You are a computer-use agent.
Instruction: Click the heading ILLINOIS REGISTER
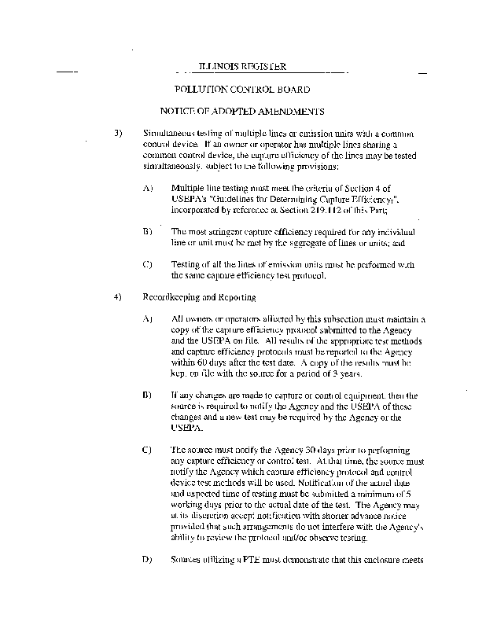click(x=243, y=68)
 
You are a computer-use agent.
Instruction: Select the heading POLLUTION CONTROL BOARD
click(x=242, y=90)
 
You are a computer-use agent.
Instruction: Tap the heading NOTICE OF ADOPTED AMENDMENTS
click(x=242, y=112)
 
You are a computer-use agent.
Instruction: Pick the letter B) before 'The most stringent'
click(x=147, y=233)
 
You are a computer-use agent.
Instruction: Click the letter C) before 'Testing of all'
click(x=147, y=265)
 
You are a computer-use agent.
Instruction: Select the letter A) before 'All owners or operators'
click(x=147, y=319)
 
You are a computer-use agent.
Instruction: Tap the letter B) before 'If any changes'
click(x=147, y=395)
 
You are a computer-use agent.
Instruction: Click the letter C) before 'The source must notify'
click(x=147, y=450)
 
